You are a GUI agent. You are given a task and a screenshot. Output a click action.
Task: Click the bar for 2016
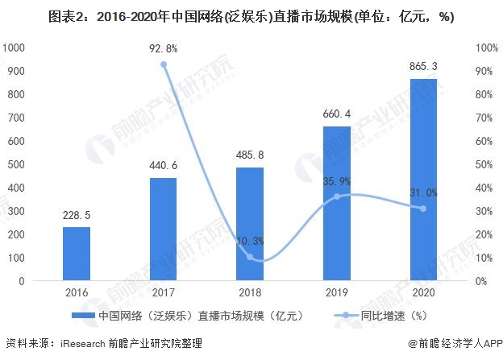click(x=77, y=254)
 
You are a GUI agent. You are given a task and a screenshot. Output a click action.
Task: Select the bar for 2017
click(x=164, y=230)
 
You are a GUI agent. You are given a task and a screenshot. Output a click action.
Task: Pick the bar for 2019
click(x=336, y=204)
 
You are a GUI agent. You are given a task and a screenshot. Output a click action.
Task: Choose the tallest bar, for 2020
click(x=423, y=180)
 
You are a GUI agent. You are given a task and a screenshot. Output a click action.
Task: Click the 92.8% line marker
click(x=164, y=64)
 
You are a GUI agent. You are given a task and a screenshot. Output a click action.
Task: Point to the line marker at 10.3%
click(x=250, y=257)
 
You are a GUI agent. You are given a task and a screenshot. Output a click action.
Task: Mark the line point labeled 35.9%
click(x=336, y=197)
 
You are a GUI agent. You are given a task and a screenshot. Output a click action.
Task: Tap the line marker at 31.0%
click(x=423, y=209)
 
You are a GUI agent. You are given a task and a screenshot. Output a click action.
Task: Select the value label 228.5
click(x=77, y=215)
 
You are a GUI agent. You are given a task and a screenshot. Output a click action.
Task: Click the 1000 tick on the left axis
click(x=15, y=48)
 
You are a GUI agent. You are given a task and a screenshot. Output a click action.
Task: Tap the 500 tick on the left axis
click(x=18, y=164)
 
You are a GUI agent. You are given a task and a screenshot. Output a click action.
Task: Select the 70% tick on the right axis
click(x=486, y=118)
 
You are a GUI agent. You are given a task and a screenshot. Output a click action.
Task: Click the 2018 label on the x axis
click(x=250, y=294)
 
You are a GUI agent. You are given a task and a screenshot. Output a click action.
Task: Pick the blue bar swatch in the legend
click(x=83, y=316)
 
